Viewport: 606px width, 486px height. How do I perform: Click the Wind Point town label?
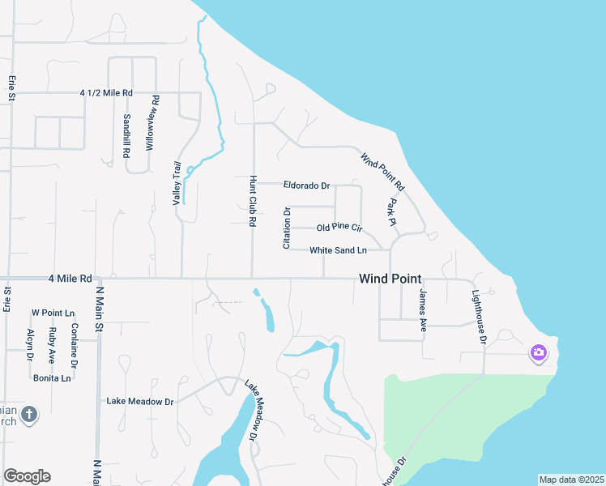click(390, 278)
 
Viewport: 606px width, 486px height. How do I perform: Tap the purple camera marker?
click(538, 352)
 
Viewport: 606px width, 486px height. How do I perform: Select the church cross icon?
click(28, 415)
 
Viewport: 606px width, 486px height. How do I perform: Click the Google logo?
click(27, 476)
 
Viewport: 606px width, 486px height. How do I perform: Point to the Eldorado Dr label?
click(306, 185)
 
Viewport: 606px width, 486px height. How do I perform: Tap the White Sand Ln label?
click(338, 250)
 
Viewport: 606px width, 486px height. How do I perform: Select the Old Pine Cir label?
click(339, 228)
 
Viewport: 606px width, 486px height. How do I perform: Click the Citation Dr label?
click(286, 228)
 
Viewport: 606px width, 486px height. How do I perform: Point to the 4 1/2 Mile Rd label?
click(106, 93)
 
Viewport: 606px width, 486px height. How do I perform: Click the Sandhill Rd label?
click(127, 129)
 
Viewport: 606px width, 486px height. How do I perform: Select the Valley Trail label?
click(177, 182)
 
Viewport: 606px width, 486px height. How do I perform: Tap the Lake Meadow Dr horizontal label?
click(140, 401)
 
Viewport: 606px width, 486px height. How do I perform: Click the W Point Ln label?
click(53, 313)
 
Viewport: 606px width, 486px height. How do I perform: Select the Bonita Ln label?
click(52, 378)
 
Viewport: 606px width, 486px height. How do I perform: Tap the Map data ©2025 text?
click(570, 479)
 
